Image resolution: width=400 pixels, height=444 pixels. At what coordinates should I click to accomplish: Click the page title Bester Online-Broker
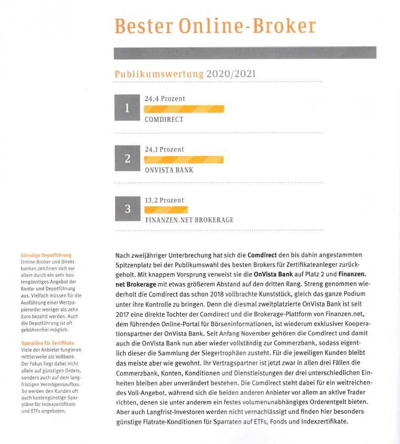click(215, 26)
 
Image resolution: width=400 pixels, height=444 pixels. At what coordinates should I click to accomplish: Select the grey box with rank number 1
click(127, 108)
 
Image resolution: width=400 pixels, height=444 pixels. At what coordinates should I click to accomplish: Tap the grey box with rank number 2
click(127, 158)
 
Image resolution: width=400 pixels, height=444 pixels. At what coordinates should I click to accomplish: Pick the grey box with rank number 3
click(127, 209)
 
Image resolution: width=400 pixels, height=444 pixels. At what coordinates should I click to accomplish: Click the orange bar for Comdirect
click(184, 109)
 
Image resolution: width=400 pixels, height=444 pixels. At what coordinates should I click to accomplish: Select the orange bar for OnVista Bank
click(183, 159)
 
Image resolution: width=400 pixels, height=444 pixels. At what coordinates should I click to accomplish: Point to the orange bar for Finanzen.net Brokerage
click(166, 210)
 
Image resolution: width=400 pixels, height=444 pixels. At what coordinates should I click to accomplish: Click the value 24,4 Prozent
click(165, 99)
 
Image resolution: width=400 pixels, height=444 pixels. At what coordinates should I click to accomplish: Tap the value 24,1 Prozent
click(164, 149)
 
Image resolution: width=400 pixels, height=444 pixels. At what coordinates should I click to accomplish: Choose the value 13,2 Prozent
click(164, 200)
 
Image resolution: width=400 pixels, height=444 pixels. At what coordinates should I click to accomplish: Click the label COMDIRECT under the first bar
click(164, 119)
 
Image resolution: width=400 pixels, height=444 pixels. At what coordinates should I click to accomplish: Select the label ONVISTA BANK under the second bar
click(169, 170)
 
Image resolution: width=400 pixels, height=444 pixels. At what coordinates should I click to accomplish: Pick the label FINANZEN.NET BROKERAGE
click(189, 220)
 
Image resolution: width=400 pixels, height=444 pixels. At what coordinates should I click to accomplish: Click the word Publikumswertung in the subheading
click(159, 74)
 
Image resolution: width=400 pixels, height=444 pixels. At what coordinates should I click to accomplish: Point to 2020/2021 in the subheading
click(231, 74)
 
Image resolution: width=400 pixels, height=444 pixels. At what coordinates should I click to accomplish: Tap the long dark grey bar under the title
click(245, 53)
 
